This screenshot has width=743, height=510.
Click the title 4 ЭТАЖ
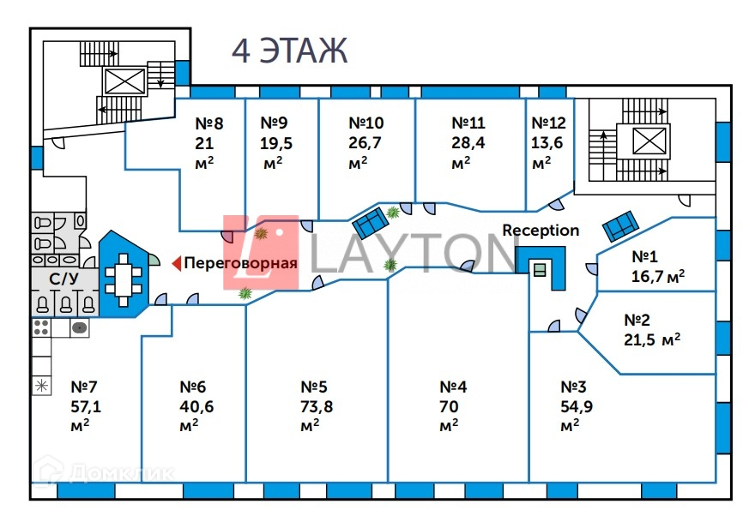coord(289,51)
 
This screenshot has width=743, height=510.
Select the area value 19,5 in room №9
coord(275,143)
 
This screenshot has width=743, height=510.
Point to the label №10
coord(366,123)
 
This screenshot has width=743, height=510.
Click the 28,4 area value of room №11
coord(468,143)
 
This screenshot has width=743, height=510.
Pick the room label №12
coord(548,123)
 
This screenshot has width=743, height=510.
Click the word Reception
coord(541,231)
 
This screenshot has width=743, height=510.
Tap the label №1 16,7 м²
coord(657,267)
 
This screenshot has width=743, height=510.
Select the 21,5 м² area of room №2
coord(652,338)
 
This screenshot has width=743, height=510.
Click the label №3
coord(579,386)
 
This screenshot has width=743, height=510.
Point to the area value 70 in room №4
coord(449,406)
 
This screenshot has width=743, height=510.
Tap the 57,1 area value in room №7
coord(87,406)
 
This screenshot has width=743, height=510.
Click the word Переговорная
coord(241,263)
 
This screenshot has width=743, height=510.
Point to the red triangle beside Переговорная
coord(176,263)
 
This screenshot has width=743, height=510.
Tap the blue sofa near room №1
coord(619,226)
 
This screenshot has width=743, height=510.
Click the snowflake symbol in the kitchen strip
coord(40,384)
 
